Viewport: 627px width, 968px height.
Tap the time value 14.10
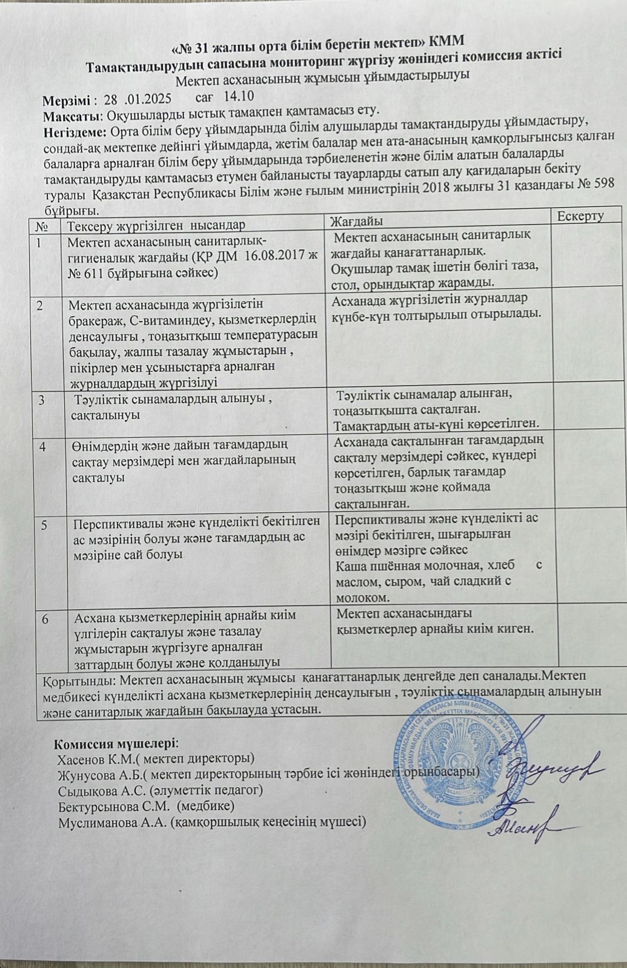pyautogui.click(x=238, y=96)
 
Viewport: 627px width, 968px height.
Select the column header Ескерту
pyautogui.click(x=580, y=217)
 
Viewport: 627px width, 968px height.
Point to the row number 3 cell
pyautogui.click(x=42, y=400)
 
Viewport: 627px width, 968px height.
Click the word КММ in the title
pyautogui.click(x=446, y=41)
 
